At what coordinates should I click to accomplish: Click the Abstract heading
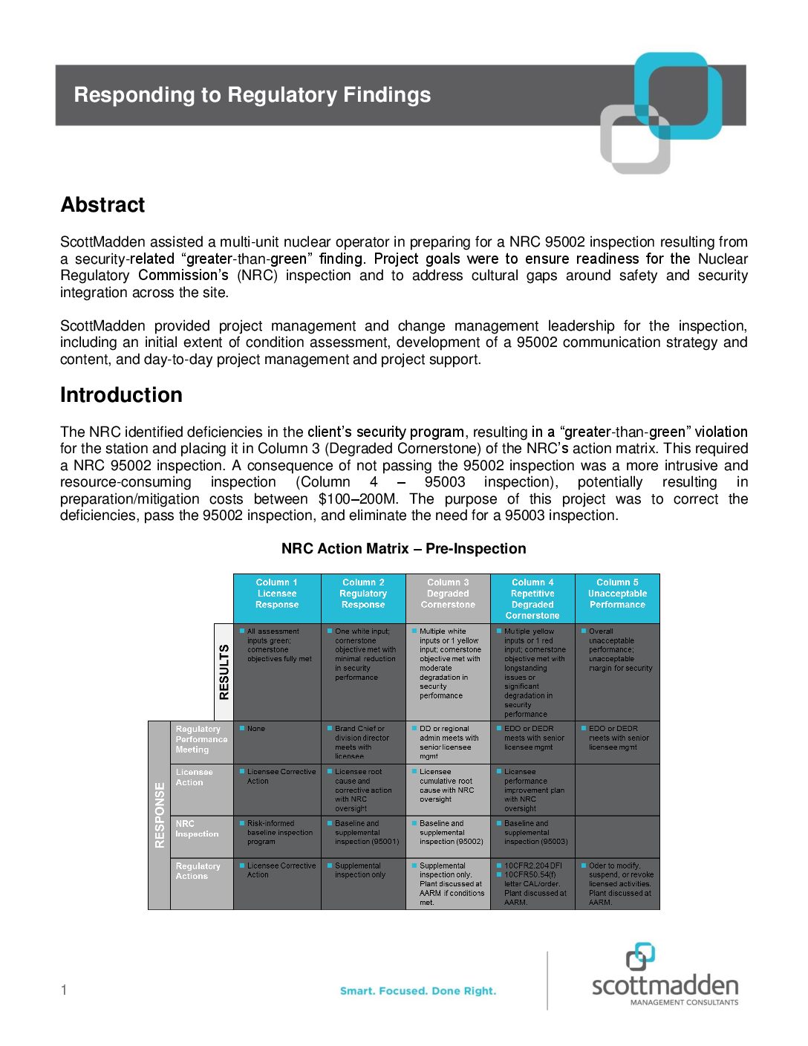point(102,205)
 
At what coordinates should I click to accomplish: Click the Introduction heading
point(121,395)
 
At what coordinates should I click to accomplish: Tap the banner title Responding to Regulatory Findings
point(252,95)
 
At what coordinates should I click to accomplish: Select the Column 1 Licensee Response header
point(277,594)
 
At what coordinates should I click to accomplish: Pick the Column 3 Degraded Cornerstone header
point(448,594)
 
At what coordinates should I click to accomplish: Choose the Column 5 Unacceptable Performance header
point(617,594)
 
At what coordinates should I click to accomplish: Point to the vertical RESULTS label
point(224,672)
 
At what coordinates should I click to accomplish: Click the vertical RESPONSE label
point(159,815)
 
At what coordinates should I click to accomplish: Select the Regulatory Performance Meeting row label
point(201,740)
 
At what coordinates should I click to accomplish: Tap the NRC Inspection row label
point(197,829)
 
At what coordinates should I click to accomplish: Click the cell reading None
point(256,730)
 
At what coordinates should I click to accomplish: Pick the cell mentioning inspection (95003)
point(535,833)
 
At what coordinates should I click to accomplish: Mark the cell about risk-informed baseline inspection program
point(279,833)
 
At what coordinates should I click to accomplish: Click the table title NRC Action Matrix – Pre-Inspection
point(403,549)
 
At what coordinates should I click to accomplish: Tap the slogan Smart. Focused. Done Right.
point(418,991)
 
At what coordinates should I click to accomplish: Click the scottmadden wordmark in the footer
point(665,987)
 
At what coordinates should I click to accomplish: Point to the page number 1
point(64,990)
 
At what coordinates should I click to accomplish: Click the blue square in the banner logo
point(677,95)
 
